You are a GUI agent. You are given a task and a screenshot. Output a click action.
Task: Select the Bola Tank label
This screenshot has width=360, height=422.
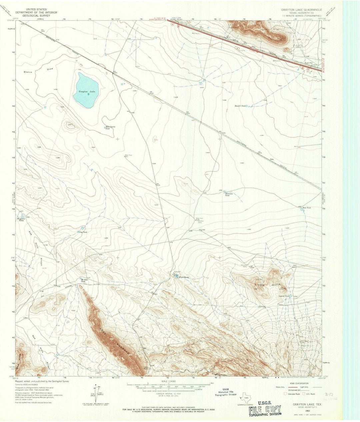[x=306, y=208]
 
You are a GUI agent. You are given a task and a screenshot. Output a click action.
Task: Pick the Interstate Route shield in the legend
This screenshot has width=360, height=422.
[x=285, y=394]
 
